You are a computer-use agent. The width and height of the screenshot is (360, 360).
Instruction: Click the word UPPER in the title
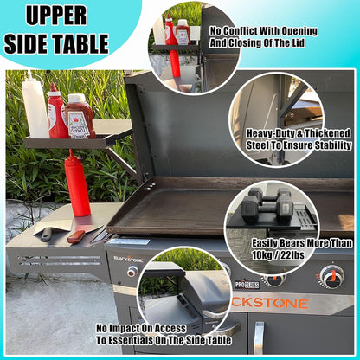[56, 15]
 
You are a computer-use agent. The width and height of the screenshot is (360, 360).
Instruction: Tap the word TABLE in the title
[81, 43]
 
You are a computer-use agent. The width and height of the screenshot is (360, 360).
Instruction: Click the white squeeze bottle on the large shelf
[35, 106]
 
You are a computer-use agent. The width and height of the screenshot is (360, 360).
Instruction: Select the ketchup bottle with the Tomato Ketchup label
[80, 117]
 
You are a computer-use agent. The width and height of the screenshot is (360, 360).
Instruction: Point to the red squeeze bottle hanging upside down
[76, 183]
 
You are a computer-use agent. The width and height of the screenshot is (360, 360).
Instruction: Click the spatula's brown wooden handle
[76, 236]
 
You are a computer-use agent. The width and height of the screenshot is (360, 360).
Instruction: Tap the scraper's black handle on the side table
[47, 235]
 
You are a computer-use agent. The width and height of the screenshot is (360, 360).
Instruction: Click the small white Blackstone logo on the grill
[128, 259]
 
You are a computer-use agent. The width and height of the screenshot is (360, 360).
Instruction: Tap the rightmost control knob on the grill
[332, 275]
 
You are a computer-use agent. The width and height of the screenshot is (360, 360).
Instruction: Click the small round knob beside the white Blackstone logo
[132, 271]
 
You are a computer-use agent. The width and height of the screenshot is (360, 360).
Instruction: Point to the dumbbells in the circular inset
[267, 205]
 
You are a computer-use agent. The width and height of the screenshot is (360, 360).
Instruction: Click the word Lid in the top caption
[298, 42]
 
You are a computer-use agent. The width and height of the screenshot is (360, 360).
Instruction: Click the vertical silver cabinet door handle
[259, 337]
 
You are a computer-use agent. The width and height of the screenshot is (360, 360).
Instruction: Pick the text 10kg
[261, 255]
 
